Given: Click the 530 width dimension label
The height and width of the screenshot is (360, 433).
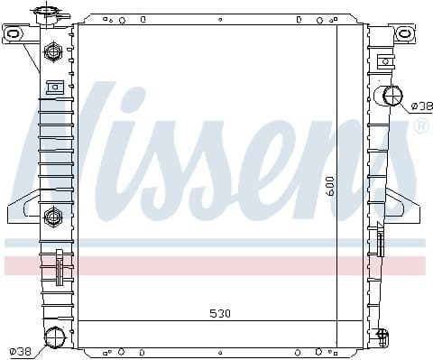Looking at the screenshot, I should (220, 314).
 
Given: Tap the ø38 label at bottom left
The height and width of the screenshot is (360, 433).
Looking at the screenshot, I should (19, 351).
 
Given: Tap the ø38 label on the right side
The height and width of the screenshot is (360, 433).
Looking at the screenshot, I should (419, 106).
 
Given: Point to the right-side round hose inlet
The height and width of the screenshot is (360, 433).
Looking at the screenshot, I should (393, 96).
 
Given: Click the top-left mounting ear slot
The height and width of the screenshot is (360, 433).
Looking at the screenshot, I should (13, 34).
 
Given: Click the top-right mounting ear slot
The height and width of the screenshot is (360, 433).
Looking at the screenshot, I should (405, 34).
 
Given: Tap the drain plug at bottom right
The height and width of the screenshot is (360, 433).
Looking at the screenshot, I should (382, 337).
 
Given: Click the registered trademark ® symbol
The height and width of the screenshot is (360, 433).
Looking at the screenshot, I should (420, 127).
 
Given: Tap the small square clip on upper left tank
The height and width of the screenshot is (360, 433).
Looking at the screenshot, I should (54, 88).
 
